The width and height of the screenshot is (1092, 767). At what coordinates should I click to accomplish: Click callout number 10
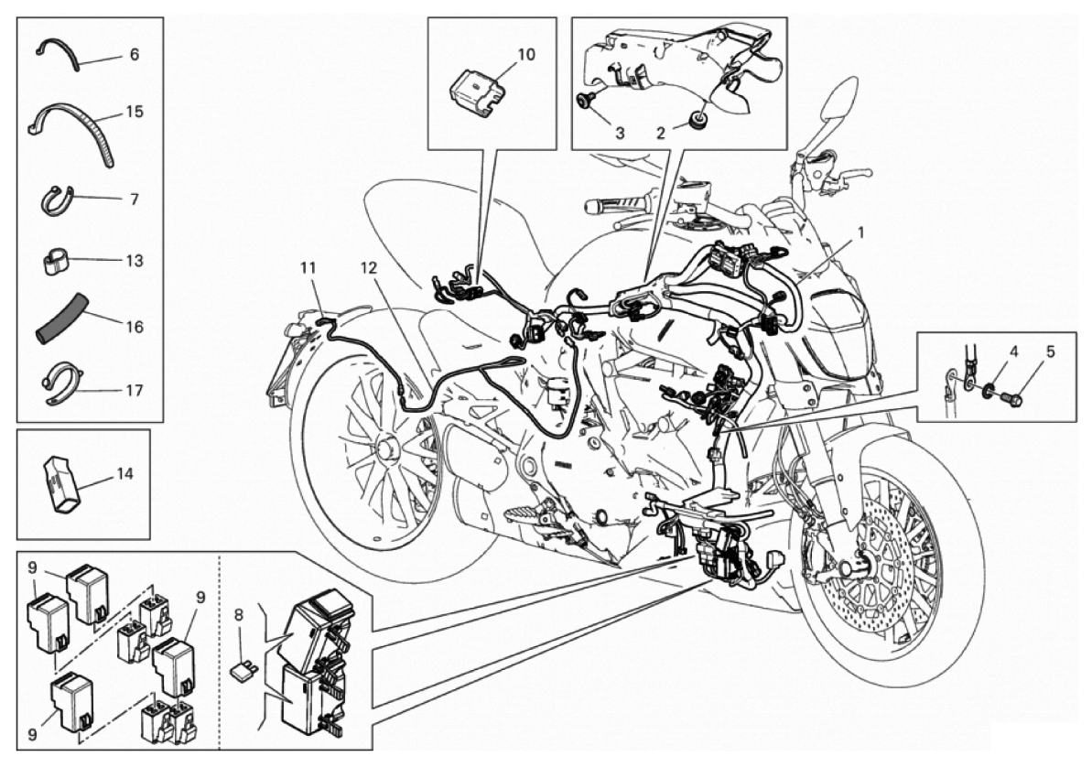click(526, 54)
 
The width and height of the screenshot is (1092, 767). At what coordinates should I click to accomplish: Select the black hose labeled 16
click(62, 319)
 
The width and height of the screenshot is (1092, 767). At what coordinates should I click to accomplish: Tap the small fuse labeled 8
click(243, 671)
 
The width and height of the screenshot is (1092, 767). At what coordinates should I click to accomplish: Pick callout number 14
click(124, 474)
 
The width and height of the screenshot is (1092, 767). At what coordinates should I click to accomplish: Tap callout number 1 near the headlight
click(860, 232)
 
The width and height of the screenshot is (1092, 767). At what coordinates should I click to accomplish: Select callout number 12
click(369, 267)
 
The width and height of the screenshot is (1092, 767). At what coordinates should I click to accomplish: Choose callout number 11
click(308, 267)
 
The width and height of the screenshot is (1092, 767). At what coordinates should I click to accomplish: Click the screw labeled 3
click(584, 101)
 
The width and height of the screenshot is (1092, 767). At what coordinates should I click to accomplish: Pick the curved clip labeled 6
click(57, 53)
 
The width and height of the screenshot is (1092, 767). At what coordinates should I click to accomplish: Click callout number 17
click(135, 390)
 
